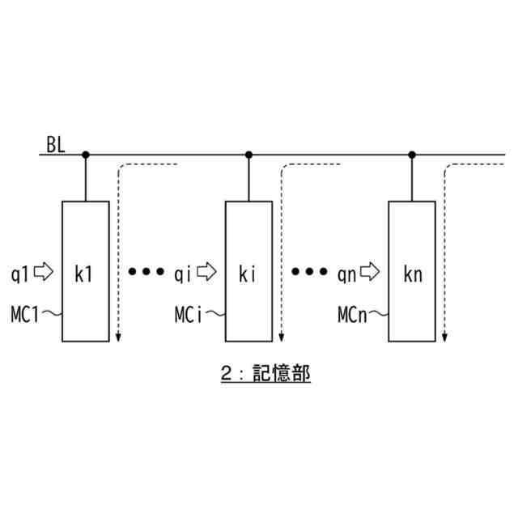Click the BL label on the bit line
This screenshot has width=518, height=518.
click(56, 146)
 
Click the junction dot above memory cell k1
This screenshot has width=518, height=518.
click(86, 154)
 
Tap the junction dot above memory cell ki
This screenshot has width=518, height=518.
click(249, 154)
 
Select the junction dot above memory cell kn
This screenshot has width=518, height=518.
click(412, 154)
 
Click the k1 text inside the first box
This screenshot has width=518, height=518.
click(83, 274)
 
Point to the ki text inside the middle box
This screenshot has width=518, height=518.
click(247, 274)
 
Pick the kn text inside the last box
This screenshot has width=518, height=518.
click(412, 274)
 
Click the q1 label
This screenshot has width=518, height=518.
click(20, 273)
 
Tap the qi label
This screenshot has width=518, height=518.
click(183, 273)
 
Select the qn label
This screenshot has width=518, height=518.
click(346, 273)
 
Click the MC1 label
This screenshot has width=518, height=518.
click(26, 313)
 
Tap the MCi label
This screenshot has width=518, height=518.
click(189, 313)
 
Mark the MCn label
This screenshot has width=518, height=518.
click(353, 313)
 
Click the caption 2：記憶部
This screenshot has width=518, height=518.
click(265, 375)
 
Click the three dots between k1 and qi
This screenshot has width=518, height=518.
click(146, 272)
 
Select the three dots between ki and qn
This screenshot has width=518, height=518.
click(309, 272)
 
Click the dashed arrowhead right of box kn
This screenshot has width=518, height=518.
click(444, 336)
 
